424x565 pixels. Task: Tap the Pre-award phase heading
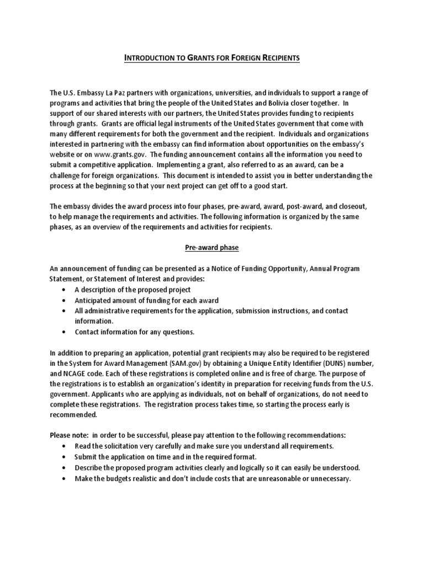(212, 248)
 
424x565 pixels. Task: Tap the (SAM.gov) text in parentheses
(184, 362)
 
